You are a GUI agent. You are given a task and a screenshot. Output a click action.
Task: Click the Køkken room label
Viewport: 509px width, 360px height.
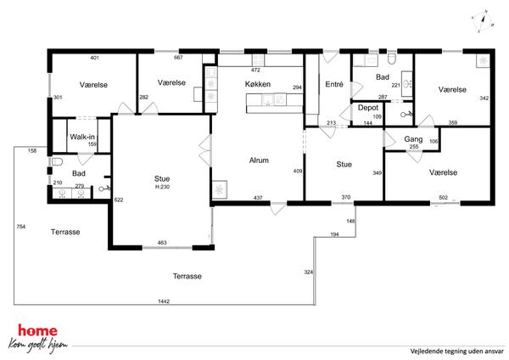(258, 84)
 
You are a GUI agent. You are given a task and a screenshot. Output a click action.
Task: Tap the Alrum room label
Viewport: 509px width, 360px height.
(259, 160)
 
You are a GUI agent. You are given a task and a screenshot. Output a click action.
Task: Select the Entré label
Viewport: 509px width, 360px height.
(334, 84)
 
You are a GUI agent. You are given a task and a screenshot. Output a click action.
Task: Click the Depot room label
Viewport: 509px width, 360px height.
(368, 108)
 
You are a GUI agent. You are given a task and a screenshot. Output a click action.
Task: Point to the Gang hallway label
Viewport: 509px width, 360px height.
(413, 139)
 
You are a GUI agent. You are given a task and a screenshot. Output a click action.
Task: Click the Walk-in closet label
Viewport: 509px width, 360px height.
(82, 137)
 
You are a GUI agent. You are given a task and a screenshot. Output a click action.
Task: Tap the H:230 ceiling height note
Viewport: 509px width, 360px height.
(162, 187)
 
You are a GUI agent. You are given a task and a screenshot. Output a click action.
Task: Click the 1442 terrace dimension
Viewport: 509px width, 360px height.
(164, 301)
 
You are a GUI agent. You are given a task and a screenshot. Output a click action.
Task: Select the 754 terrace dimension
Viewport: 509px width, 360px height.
(21, 227)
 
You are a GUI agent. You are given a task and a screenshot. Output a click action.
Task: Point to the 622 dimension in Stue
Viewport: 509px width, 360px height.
(119, 200)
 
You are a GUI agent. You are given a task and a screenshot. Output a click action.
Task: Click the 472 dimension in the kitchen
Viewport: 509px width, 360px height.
(256, 70)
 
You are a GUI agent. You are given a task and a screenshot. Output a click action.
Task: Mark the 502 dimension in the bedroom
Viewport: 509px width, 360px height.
(443, 197)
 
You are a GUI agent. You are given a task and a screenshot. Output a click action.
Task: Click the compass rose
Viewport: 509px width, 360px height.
(483, 21)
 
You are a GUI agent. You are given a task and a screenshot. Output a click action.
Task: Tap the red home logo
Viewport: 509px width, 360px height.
(37, 331)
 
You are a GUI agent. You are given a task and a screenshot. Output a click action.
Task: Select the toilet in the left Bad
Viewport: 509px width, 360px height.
(57, 161)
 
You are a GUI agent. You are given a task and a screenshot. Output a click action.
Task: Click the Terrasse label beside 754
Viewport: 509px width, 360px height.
(65, 232)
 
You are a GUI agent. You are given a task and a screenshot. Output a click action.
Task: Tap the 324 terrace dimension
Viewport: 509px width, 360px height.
(309, 272)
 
